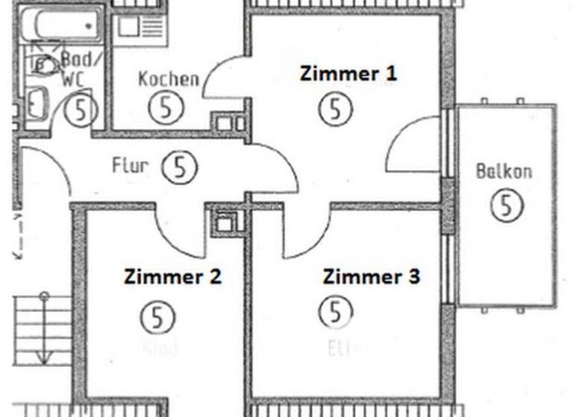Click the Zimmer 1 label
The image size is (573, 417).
(348, 74)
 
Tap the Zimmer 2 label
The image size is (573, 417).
(172, 278)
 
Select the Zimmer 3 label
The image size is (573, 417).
(371, 277)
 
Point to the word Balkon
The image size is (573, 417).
(504, 171)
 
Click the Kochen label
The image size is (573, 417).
(169, 79)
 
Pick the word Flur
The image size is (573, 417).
(130, 165)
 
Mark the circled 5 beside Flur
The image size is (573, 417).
(179, 168)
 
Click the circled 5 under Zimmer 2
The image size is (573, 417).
(157, 318)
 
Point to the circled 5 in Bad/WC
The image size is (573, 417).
(81, 110)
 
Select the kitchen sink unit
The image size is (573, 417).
(140, 31)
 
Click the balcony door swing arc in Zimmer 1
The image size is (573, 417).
(410, 145)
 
